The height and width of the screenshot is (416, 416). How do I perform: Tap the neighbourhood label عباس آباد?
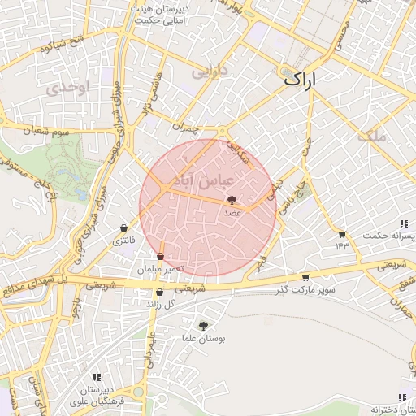[x=203, y=178]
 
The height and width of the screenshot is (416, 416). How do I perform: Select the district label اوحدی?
[x=65, y=89]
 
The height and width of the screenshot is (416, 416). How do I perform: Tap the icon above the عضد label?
[x=232, y=199]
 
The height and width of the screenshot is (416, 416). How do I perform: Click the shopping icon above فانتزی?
[x=123, y=228]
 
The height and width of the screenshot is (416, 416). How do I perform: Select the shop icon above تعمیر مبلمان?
[x=160, y=257]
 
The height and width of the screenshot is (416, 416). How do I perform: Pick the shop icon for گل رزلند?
[x=159, y=292]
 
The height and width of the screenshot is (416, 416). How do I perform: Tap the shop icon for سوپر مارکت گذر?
[x=305, y=278]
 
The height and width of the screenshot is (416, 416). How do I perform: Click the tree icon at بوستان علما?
[x=202, y=325]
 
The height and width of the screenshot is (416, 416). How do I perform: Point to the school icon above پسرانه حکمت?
[x=402, y=223]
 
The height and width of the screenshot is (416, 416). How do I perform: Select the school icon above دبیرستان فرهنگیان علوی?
[x=97, y=377]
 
